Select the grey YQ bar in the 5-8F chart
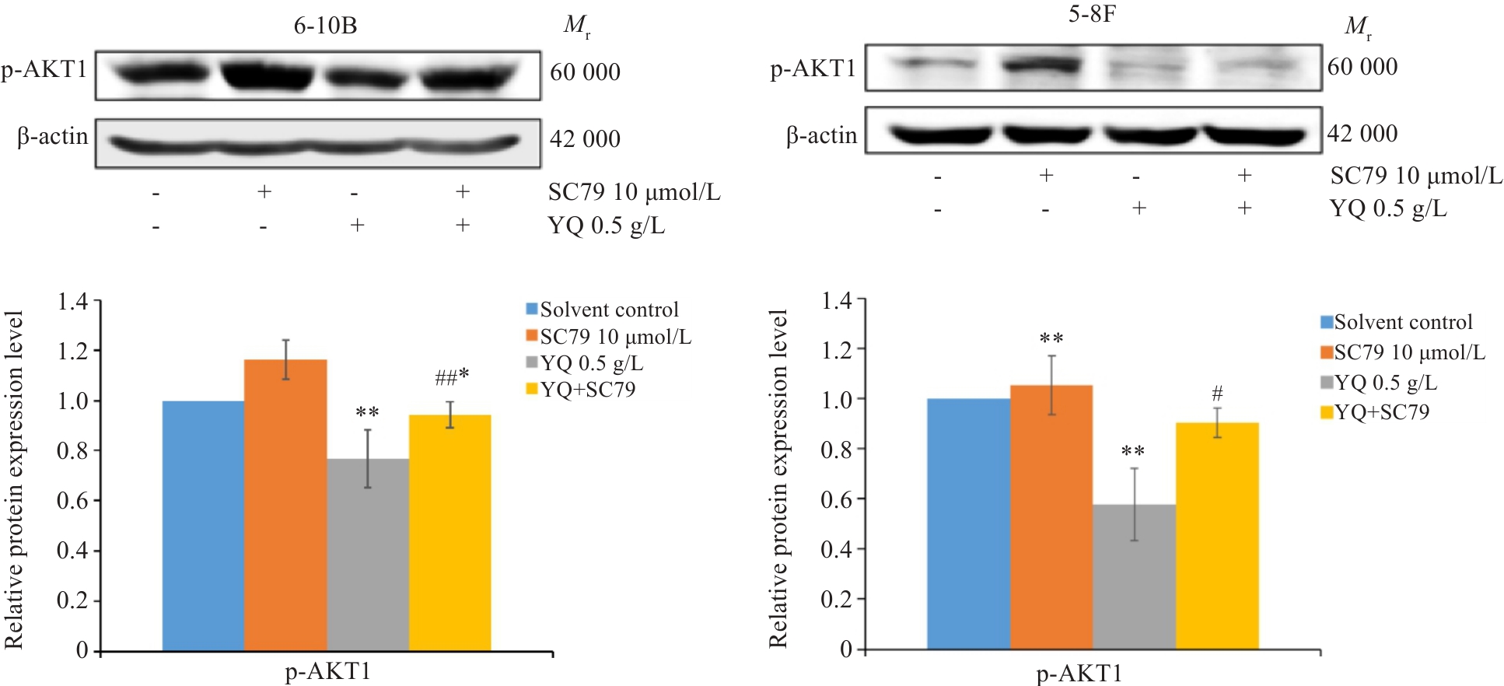tap(1134, 576)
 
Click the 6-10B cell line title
tap(325, 26)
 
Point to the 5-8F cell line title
tap(1092, 14)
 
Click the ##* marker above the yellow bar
tap(452, 377)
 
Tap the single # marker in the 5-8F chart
tap(1217, 394)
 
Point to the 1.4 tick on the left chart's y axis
tap(73, 301)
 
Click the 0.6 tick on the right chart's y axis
tap(837, 499)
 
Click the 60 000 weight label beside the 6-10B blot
tap(585, 72)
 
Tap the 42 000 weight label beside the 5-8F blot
tap(1362, 134)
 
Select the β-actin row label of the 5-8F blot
tap(821, 136)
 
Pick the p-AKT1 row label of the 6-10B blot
tap(44, 70)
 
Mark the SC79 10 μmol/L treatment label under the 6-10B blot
tap(634, 192)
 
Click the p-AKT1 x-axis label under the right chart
tap(1079, 674)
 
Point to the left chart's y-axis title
tap(14, 479)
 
